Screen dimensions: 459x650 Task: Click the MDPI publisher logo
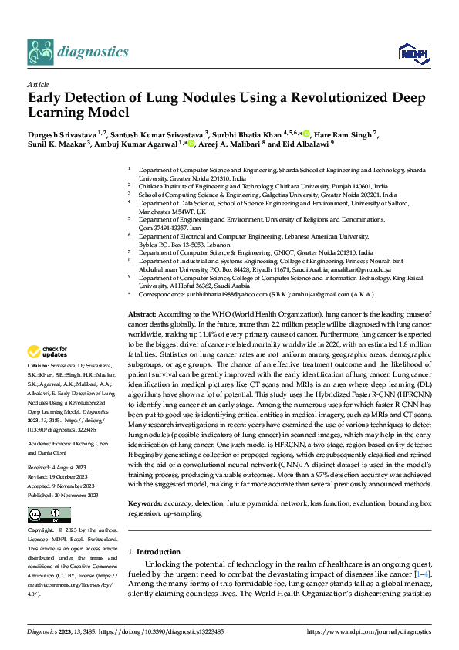pos(410,52)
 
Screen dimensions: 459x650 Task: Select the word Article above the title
pos(38,84)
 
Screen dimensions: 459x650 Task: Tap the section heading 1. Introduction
pos(154,551)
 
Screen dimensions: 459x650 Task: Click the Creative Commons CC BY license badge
pos(49,514)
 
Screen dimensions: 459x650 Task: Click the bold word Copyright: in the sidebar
pos(41,532)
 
